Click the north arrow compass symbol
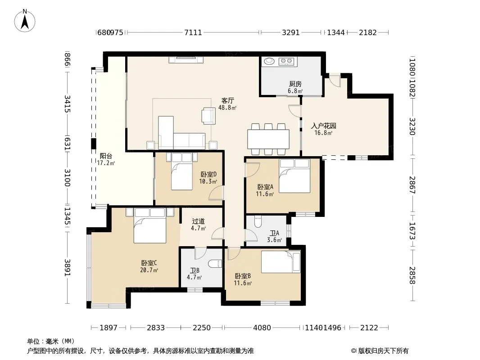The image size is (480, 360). click(25, 21)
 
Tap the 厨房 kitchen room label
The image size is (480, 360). click(295, 84)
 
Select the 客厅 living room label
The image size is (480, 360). click(228, 101)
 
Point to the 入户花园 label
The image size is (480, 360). click(324, 126)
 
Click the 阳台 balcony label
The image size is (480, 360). click(106, 156)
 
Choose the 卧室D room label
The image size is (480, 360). click(208, 174)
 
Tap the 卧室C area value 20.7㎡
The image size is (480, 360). click(149, 270)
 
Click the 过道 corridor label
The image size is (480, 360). click(199, 221)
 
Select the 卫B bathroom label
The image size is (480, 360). click(195, 270)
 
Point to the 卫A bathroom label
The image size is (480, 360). click(274, 233)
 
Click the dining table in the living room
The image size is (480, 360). click(268, 139)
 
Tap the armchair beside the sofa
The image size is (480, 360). click(208, 116)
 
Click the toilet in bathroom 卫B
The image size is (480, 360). click(215, 264)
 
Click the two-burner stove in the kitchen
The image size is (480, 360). click(286, 62)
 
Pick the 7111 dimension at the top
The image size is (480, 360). click(193, 32)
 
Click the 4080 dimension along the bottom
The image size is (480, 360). click(262, 328)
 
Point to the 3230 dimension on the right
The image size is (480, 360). click(412, 126)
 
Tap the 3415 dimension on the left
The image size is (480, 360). click(68, 104)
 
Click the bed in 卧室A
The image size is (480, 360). click(294, 176)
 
